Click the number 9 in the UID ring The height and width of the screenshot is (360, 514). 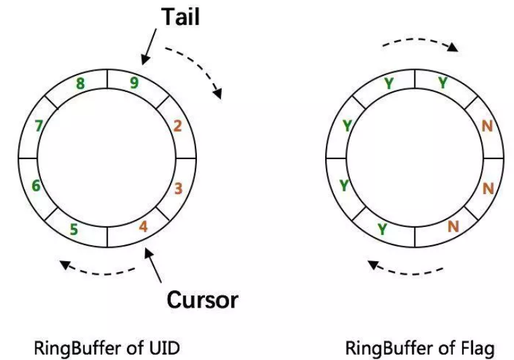point(135,83)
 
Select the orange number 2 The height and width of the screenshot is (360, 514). point(177,126)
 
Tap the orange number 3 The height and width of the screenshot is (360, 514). point(178,188)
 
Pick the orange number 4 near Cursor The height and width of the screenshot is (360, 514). point(143,226)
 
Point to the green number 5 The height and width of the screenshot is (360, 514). point(74,230)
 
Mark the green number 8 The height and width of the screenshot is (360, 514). point(80,84)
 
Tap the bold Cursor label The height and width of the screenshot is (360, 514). point(202,299)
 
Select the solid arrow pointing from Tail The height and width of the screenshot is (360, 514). point(150,46)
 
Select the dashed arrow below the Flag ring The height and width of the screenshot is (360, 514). point(407,269)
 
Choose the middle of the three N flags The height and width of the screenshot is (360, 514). point(488,188)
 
